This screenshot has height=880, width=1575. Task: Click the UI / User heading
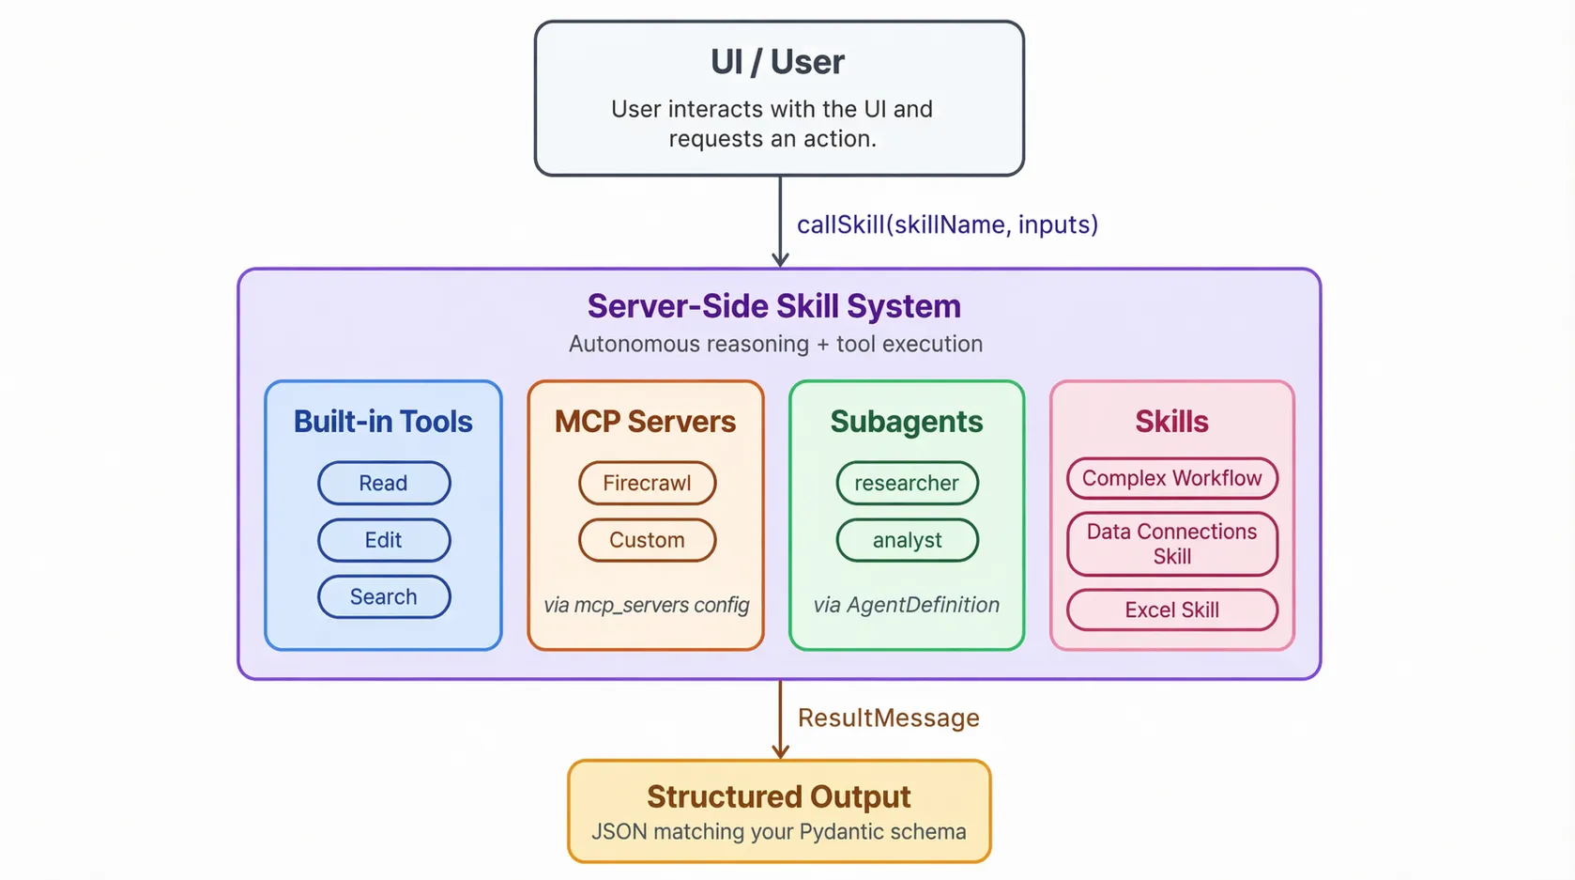click(x=777, y=62)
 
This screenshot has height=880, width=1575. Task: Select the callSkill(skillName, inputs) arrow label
click(x=947, y=224)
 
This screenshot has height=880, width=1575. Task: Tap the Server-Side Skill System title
click(x=774, y=306)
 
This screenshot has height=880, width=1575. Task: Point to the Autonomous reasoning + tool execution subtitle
click(x=775, y=344)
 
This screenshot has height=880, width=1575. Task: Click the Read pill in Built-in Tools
click(x=384, y=483)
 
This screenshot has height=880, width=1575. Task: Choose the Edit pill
click(x=384, y=540)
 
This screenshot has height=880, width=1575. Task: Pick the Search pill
click(x=384, y=596)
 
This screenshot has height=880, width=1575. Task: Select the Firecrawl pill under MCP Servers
click(x=647, y=483)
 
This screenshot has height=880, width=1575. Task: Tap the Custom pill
click(x=647, y=540)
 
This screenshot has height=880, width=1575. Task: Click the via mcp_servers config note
click(x=647, y=605)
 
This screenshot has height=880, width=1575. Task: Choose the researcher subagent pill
click(x=907, y=483)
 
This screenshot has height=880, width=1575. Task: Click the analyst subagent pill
click(x=907, y=540)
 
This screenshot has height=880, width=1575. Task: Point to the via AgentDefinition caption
click(x=907, y=605)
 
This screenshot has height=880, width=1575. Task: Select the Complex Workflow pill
click(x=1171, y=478)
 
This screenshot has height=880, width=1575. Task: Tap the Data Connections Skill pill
click(x=1171, y=544)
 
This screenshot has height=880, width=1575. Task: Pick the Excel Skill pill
click(x=1171, y=610)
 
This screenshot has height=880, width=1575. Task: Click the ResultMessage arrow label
click(x=888, y=718)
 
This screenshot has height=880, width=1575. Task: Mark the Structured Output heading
click(x=778, y=796)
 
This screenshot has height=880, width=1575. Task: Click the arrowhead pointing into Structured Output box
click(x=780, y=751)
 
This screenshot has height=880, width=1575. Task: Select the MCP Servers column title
click(x=645, y=422)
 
